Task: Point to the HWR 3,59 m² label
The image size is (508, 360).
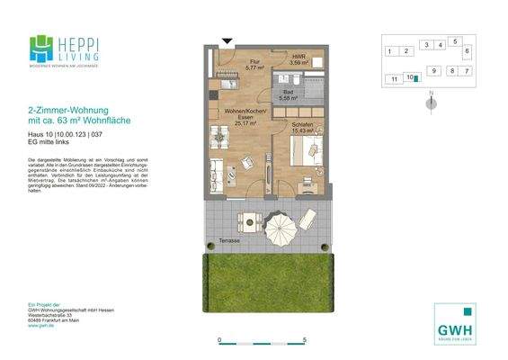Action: click(298, 59)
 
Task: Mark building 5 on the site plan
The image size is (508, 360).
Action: click(456, 41)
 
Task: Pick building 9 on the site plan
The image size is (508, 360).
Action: click(433, 70)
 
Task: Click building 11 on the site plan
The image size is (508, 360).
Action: click(394, 79)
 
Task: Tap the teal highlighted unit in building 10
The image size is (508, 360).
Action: click(415, 78)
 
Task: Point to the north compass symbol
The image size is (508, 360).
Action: click(432, 102)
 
